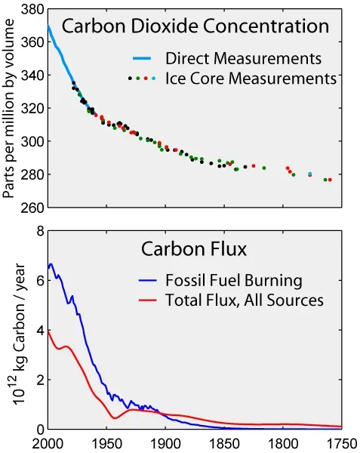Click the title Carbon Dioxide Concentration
point(195,26)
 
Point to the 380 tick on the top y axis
point(31,11)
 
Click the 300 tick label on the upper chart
point(31,141)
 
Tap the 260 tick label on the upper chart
point(31,207)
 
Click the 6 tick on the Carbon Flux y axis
point(37,280)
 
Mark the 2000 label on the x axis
point(47,443)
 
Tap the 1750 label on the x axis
point(341,443)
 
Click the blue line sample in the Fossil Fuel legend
point(149,281)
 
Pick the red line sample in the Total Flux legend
point(149,300)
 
